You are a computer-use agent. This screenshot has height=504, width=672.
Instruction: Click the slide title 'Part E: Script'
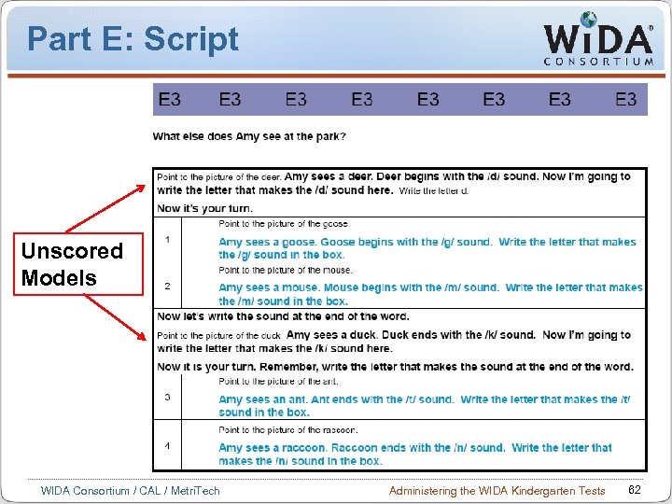coord(133,39)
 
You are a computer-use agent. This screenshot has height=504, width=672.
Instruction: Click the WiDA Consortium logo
coord(598,39)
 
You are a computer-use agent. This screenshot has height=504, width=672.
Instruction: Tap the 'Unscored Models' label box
coord(73,264)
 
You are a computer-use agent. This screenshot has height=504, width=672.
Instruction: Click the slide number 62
coord(635,490)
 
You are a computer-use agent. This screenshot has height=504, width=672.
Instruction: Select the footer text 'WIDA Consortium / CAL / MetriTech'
coord(131,491)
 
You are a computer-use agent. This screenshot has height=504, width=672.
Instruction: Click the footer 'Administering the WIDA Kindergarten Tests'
coord(497,491)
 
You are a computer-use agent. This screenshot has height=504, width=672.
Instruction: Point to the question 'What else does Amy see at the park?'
coord(249,136)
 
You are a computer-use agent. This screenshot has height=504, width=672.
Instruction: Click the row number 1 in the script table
coord(167,240)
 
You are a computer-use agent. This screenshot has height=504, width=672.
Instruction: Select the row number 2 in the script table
coord(167,286)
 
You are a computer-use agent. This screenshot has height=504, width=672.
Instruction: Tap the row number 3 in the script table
coord(167,397)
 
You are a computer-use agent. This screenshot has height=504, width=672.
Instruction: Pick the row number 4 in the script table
coord(167,445)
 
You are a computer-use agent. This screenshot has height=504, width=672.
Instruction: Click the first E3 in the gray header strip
coord(170,99)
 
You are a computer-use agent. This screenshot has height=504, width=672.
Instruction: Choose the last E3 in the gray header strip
coord(626,99)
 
